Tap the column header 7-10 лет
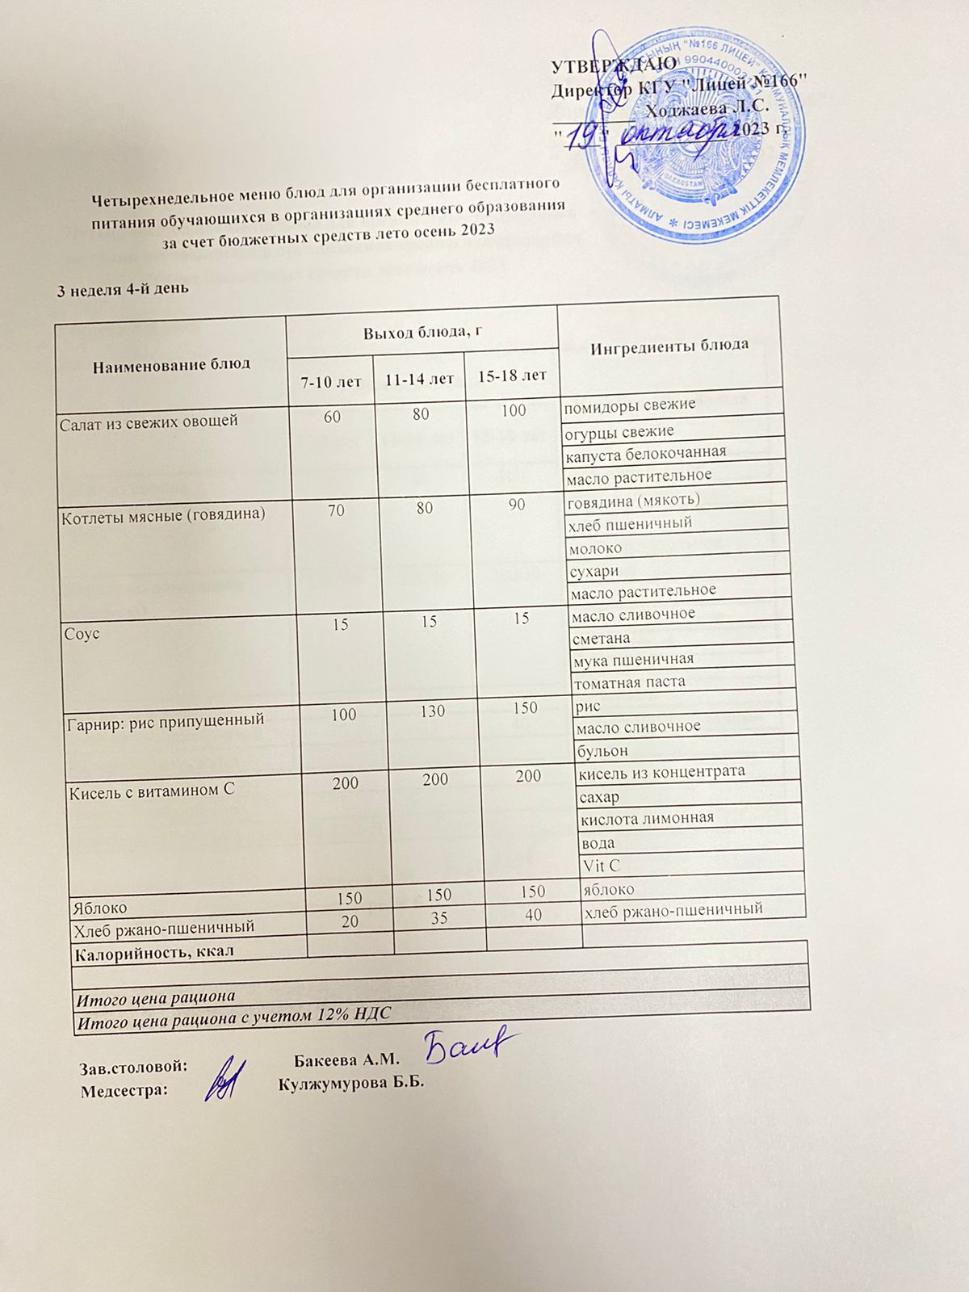[330, 381]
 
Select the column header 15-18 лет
[512, 375]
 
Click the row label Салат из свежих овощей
[149, 421]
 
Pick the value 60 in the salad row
[332, 417]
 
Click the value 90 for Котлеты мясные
[517, 505]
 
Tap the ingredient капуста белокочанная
[645, 451]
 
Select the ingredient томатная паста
[629, 682]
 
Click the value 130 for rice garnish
[433, 711]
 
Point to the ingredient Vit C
[601, 866]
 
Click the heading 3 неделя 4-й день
[122, 288]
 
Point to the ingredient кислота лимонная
[647, 818]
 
